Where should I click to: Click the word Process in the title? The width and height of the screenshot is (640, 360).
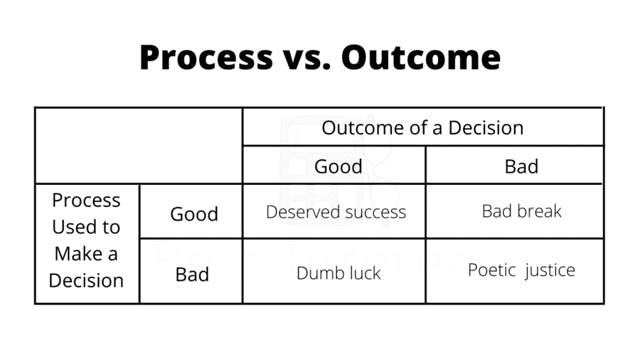click(206, 58)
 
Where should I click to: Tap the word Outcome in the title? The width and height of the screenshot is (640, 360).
click(421, 57)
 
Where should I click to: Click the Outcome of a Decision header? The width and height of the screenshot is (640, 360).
click(422, 128)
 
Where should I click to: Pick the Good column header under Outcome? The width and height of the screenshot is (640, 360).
click(338, 166)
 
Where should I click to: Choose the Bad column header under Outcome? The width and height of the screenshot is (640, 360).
click(521, 166)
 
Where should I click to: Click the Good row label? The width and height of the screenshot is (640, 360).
click(194, 214)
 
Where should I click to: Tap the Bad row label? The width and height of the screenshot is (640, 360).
click(192, 275)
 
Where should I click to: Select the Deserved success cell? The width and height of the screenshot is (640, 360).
click(336, 212)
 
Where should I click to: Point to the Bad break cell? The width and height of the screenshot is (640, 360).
click(521, 211)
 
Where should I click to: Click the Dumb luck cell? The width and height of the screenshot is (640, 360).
click(338, 273)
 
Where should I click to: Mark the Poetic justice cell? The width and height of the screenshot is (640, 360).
click(521, 270)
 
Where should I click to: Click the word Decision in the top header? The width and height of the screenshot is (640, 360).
click(486, 128)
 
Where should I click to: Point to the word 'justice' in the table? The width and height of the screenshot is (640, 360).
click(550, 271)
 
